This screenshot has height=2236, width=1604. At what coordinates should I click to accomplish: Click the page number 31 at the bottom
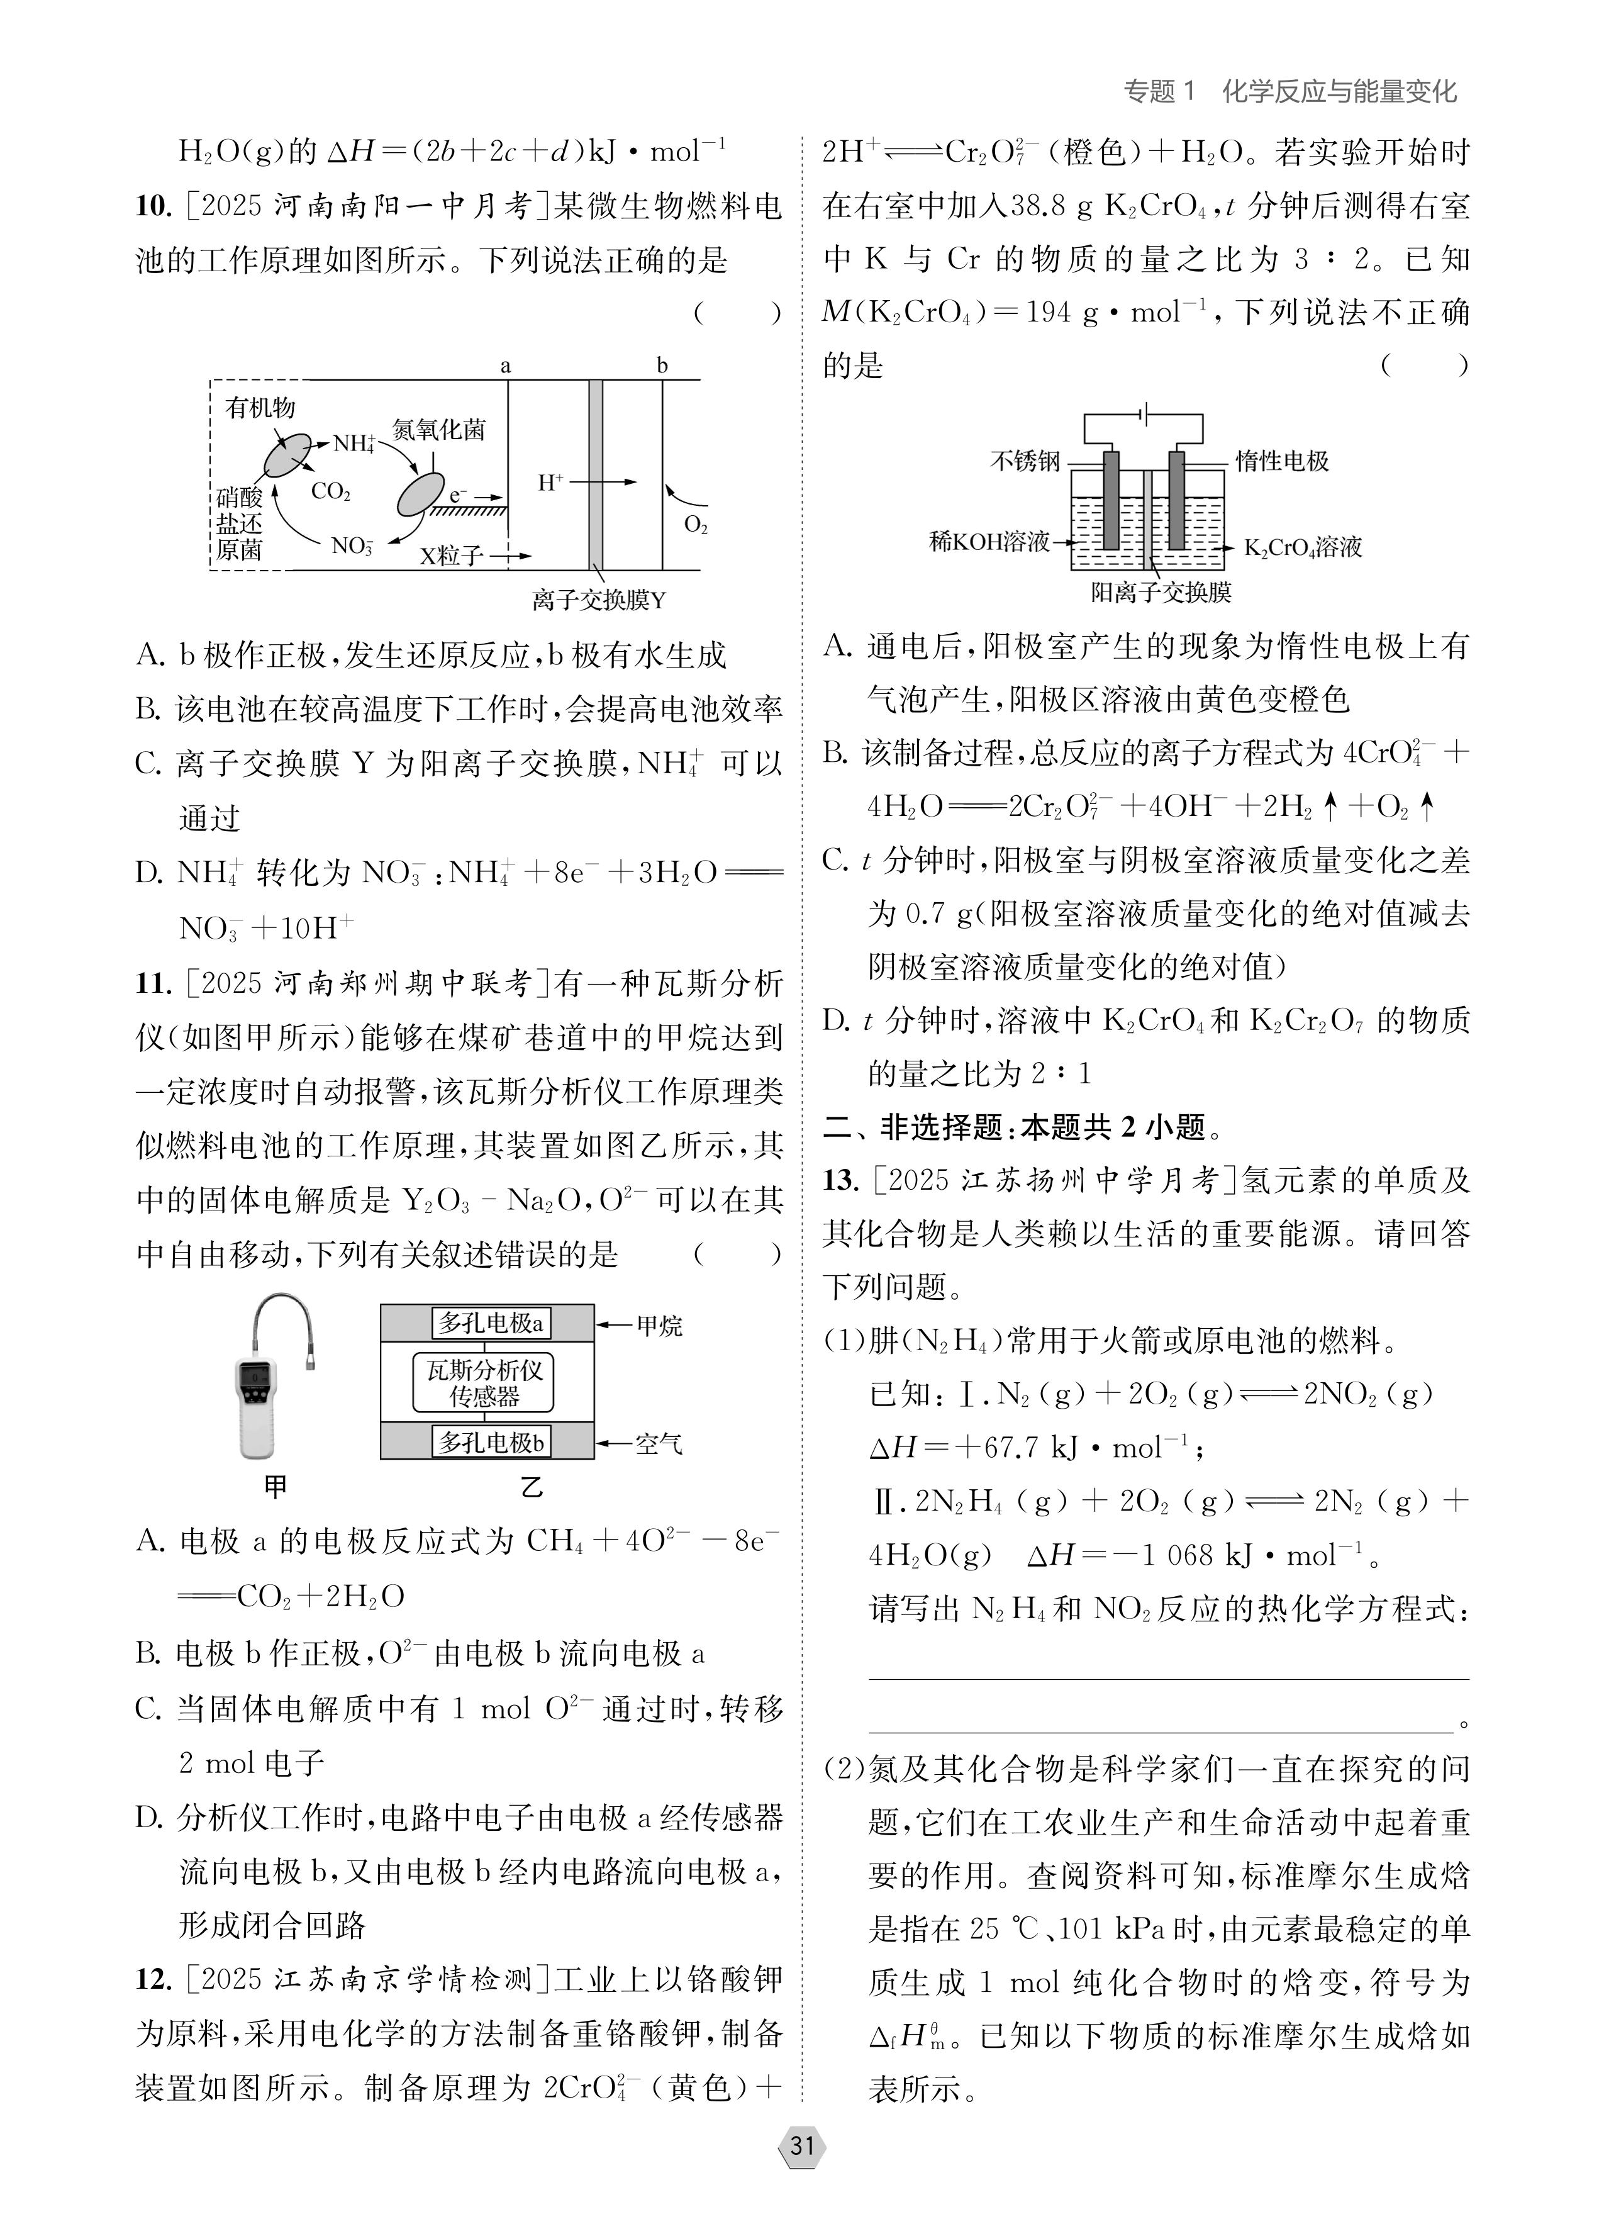(x=801, y=2146)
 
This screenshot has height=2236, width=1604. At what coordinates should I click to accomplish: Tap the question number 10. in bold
(x=153, y=207)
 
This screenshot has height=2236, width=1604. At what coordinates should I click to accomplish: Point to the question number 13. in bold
(x=841, y=1180)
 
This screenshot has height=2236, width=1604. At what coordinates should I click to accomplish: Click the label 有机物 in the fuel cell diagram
(x=260, y=407)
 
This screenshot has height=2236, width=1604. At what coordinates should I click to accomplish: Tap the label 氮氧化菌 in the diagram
(x=438, y=430)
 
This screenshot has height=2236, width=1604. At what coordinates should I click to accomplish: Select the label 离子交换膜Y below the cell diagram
(x=598, y=600)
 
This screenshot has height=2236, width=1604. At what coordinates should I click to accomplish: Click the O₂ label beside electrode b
(x=696, y=525)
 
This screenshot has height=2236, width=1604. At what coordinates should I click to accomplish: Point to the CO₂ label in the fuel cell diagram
(x=331, y=491)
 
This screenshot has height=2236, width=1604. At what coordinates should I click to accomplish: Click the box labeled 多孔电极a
(x=491, y=1323)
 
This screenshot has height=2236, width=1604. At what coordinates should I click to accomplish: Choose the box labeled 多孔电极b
(x=491, y=1443)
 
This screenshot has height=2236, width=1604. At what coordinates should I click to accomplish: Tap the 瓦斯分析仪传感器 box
(x=483, y=1382)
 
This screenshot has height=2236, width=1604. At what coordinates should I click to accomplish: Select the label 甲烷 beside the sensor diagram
(x=659, y=1326)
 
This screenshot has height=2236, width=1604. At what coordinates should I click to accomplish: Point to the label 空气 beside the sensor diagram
(x=659, y=1445)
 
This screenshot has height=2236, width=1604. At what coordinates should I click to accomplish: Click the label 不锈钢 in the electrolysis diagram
(x=1025, y=461)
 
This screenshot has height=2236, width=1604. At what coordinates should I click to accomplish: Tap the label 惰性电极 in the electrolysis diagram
(x=1283, y=461)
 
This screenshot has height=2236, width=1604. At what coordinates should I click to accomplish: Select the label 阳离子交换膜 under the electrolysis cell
(x=1161, y=593)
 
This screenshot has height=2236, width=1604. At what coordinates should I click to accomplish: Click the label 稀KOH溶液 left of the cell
(x=989, y=541)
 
